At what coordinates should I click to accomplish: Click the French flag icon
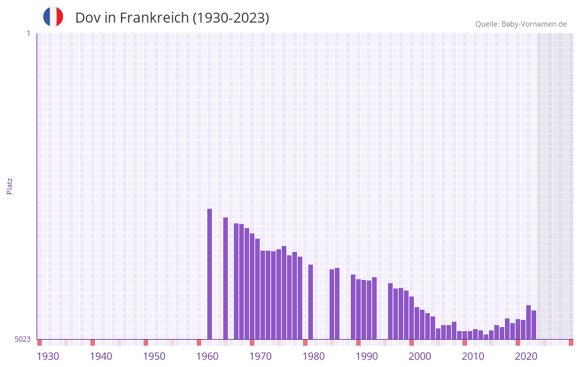tap(53, 17)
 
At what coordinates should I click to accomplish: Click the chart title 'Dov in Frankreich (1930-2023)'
tap(172, 18)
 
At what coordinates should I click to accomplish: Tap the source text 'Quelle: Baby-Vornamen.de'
tap(521, 24)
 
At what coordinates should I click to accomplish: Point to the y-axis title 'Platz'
tap(9, 185)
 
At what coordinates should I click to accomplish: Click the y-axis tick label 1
tap(28, 33)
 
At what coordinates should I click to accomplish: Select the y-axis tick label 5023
tap(23, 339)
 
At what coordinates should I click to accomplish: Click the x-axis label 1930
tap(48, 356)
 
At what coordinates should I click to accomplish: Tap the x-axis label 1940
tap(101, 356)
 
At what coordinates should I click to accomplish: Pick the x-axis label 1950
tap(154, 356)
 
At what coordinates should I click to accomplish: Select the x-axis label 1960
tap(207, 356)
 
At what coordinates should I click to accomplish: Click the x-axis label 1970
tap(260, 356)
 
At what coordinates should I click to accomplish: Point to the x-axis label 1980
tap(314, 356)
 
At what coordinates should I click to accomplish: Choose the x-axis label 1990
tap(367, 356)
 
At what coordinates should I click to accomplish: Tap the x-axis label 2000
tap(420, 356)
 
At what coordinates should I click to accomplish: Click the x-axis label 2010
tap(473, 356)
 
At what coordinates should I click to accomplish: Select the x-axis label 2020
tap(526, 356)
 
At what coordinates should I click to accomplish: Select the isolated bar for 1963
tap(226, 278)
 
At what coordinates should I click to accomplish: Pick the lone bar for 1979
tap(310, 302)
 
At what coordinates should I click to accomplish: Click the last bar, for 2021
tap(533, 324)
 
